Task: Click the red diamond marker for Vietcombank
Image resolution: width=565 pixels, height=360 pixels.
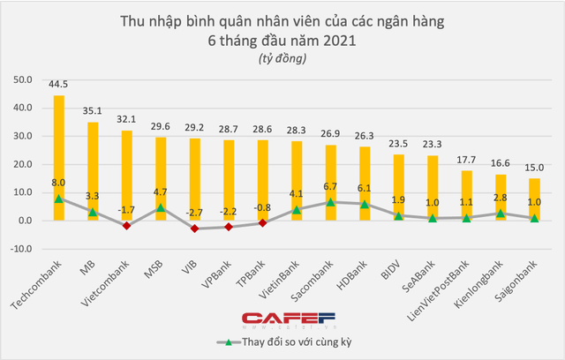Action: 127,226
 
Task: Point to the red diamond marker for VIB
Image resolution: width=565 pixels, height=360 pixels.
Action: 195,229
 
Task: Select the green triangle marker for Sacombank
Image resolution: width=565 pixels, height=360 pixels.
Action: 331,202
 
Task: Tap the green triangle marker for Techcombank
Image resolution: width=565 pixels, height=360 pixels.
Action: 59,199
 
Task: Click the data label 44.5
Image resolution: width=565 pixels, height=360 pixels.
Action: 58,85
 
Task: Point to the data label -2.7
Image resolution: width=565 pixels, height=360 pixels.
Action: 195,213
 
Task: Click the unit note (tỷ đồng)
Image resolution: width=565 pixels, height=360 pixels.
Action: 282,58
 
